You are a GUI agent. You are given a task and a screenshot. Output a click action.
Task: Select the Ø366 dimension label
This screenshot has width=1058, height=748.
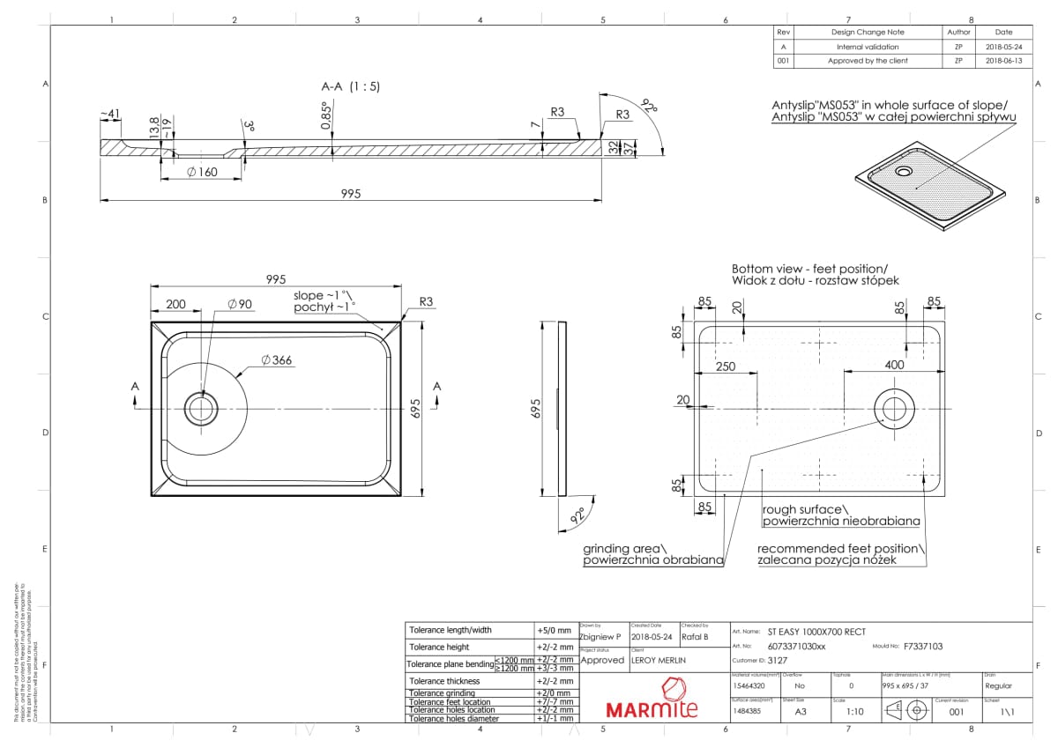[277, 359]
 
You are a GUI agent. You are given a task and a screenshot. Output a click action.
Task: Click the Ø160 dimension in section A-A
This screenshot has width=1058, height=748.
[202, 172]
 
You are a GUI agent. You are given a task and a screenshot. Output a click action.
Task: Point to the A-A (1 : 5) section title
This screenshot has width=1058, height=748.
[350, 86]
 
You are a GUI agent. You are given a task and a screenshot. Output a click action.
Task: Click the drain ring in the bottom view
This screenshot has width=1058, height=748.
[893, 407]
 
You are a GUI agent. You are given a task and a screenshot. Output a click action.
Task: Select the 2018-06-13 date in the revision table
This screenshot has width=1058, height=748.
[1003, 61]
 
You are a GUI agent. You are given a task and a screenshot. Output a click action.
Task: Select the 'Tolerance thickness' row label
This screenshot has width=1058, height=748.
[445, 681]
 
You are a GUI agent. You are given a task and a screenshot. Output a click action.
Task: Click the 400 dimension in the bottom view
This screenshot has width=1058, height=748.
[894, 365]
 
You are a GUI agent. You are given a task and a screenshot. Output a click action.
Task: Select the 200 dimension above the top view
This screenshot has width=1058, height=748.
[175, 304]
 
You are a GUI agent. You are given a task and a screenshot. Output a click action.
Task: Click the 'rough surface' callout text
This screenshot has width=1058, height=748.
[804, 509]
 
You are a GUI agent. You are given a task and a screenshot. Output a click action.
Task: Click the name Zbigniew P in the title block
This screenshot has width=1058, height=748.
[600, 636]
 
